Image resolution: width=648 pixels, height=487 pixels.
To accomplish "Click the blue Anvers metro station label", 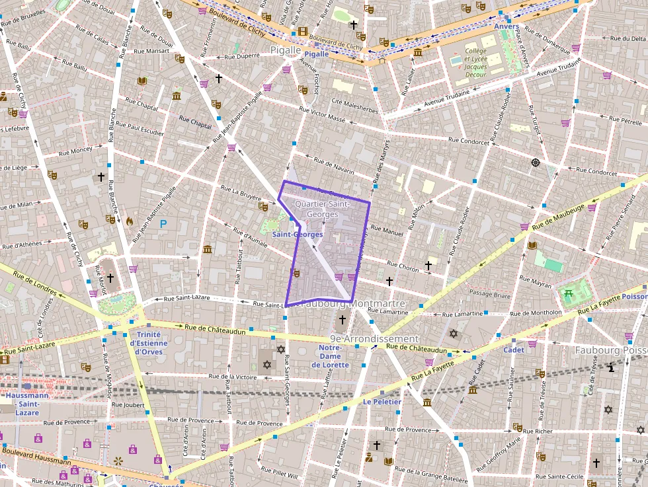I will tap(506, 26).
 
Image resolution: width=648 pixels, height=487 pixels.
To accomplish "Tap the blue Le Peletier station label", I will tap(382, 402).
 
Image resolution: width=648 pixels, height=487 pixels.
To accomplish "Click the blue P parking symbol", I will tap(163, 224).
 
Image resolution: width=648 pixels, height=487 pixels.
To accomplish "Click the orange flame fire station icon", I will tap(129, 221).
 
